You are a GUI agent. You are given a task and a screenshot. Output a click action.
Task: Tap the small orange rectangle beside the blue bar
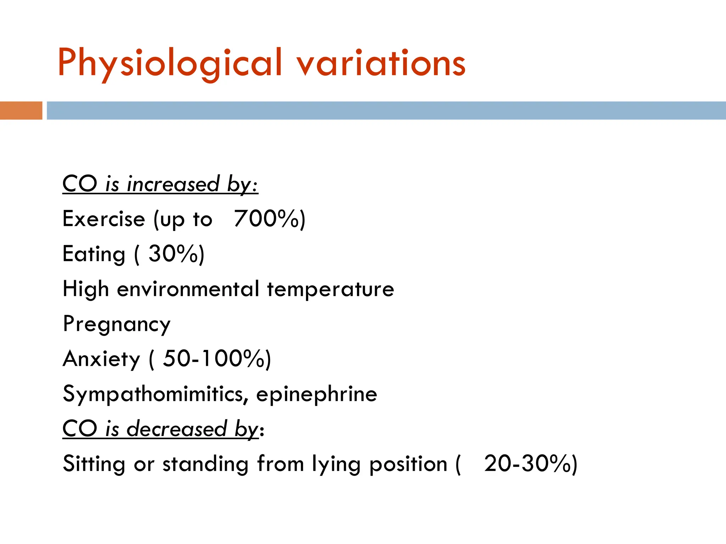(x=21, y=110)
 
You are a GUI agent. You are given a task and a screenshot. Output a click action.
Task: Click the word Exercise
(x=104, y=219)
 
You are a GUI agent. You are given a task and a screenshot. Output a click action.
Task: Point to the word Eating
(x=94, y=254)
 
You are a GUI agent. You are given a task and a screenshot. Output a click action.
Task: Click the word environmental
(x=188, y=289)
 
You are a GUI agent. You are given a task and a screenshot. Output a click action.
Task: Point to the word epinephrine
(x=317, y=394)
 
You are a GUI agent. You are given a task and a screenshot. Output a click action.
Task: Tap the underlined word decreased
(x=177, y=429)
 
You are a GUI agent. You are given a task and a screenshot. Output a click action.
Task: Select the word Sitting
(x=94, y=464)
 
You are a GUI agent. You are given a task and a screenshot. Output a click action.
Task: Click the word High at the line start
(x=85, y=289)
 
